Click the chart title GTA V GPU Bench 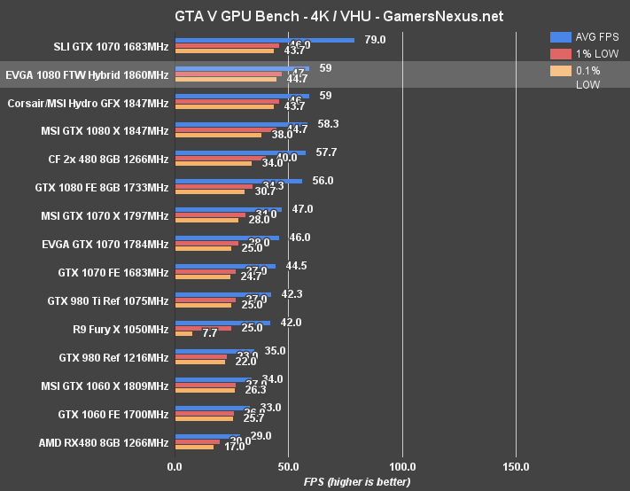(314, 15)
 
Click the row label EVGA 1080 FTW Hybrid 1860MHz (87, 75)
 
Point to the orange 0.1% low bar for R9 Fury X (183, 334)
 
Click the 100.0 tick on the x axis (402, 466)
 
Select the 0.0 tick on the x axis (175, 466)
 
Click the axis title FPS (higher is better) (357, 481)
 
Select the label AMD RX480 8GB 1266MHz (104, 442)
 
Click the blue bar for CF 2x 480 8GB (240, 152)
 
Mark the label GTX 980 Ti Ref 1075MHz (107, 301)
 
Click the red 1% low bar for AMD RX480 (197, 441)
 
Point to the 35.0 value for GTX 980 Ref (275, 351)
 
